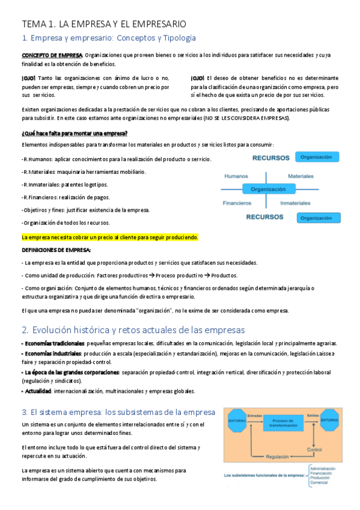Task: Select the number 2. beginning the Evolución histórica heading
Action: [25, 330]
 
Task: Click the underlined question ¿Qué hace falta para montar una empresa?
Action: [75, 134]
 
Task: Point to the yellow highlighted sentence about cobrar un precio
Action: [109, 238]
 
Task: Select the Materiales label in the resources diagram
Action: [301, 176]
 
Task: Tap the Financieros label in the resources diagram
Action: [237, 203]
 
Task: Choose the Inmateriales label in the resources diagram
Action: [295, 203]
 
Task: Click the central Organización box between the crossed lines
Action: [268, 189]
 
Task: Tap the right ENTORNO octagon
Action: [329, 420]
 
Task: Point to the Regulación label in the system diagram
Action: [277, 455]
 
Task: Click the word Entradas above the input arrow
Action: [255, 414]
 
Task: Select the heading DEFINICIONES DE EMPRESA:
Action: [56, 250]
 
